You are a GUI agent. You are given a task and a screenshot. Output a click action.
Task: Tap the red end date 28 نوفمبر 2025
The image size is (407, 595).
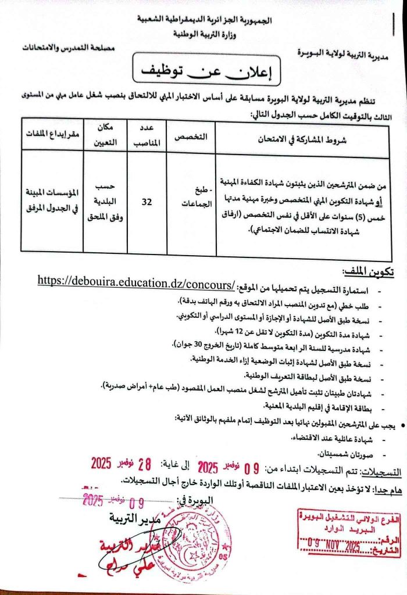point(122,464)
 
